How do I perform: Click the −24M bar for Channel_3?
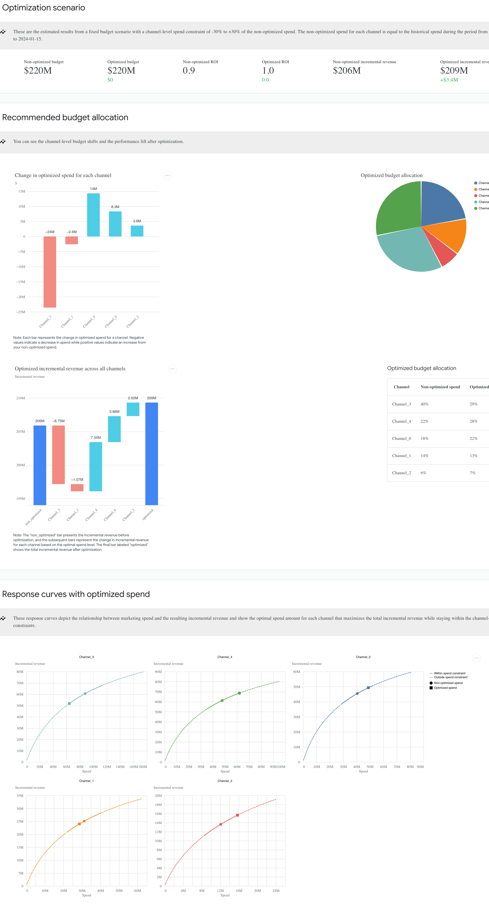click(50, 272)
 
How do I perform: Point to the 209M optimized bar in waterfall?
click(151, 454)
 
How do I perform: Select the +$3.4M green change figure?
click(449, 80)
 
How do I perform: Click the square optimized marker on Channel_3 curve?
click(69, 704)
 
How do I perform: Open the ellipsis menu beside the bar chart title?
click(168, 176)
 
